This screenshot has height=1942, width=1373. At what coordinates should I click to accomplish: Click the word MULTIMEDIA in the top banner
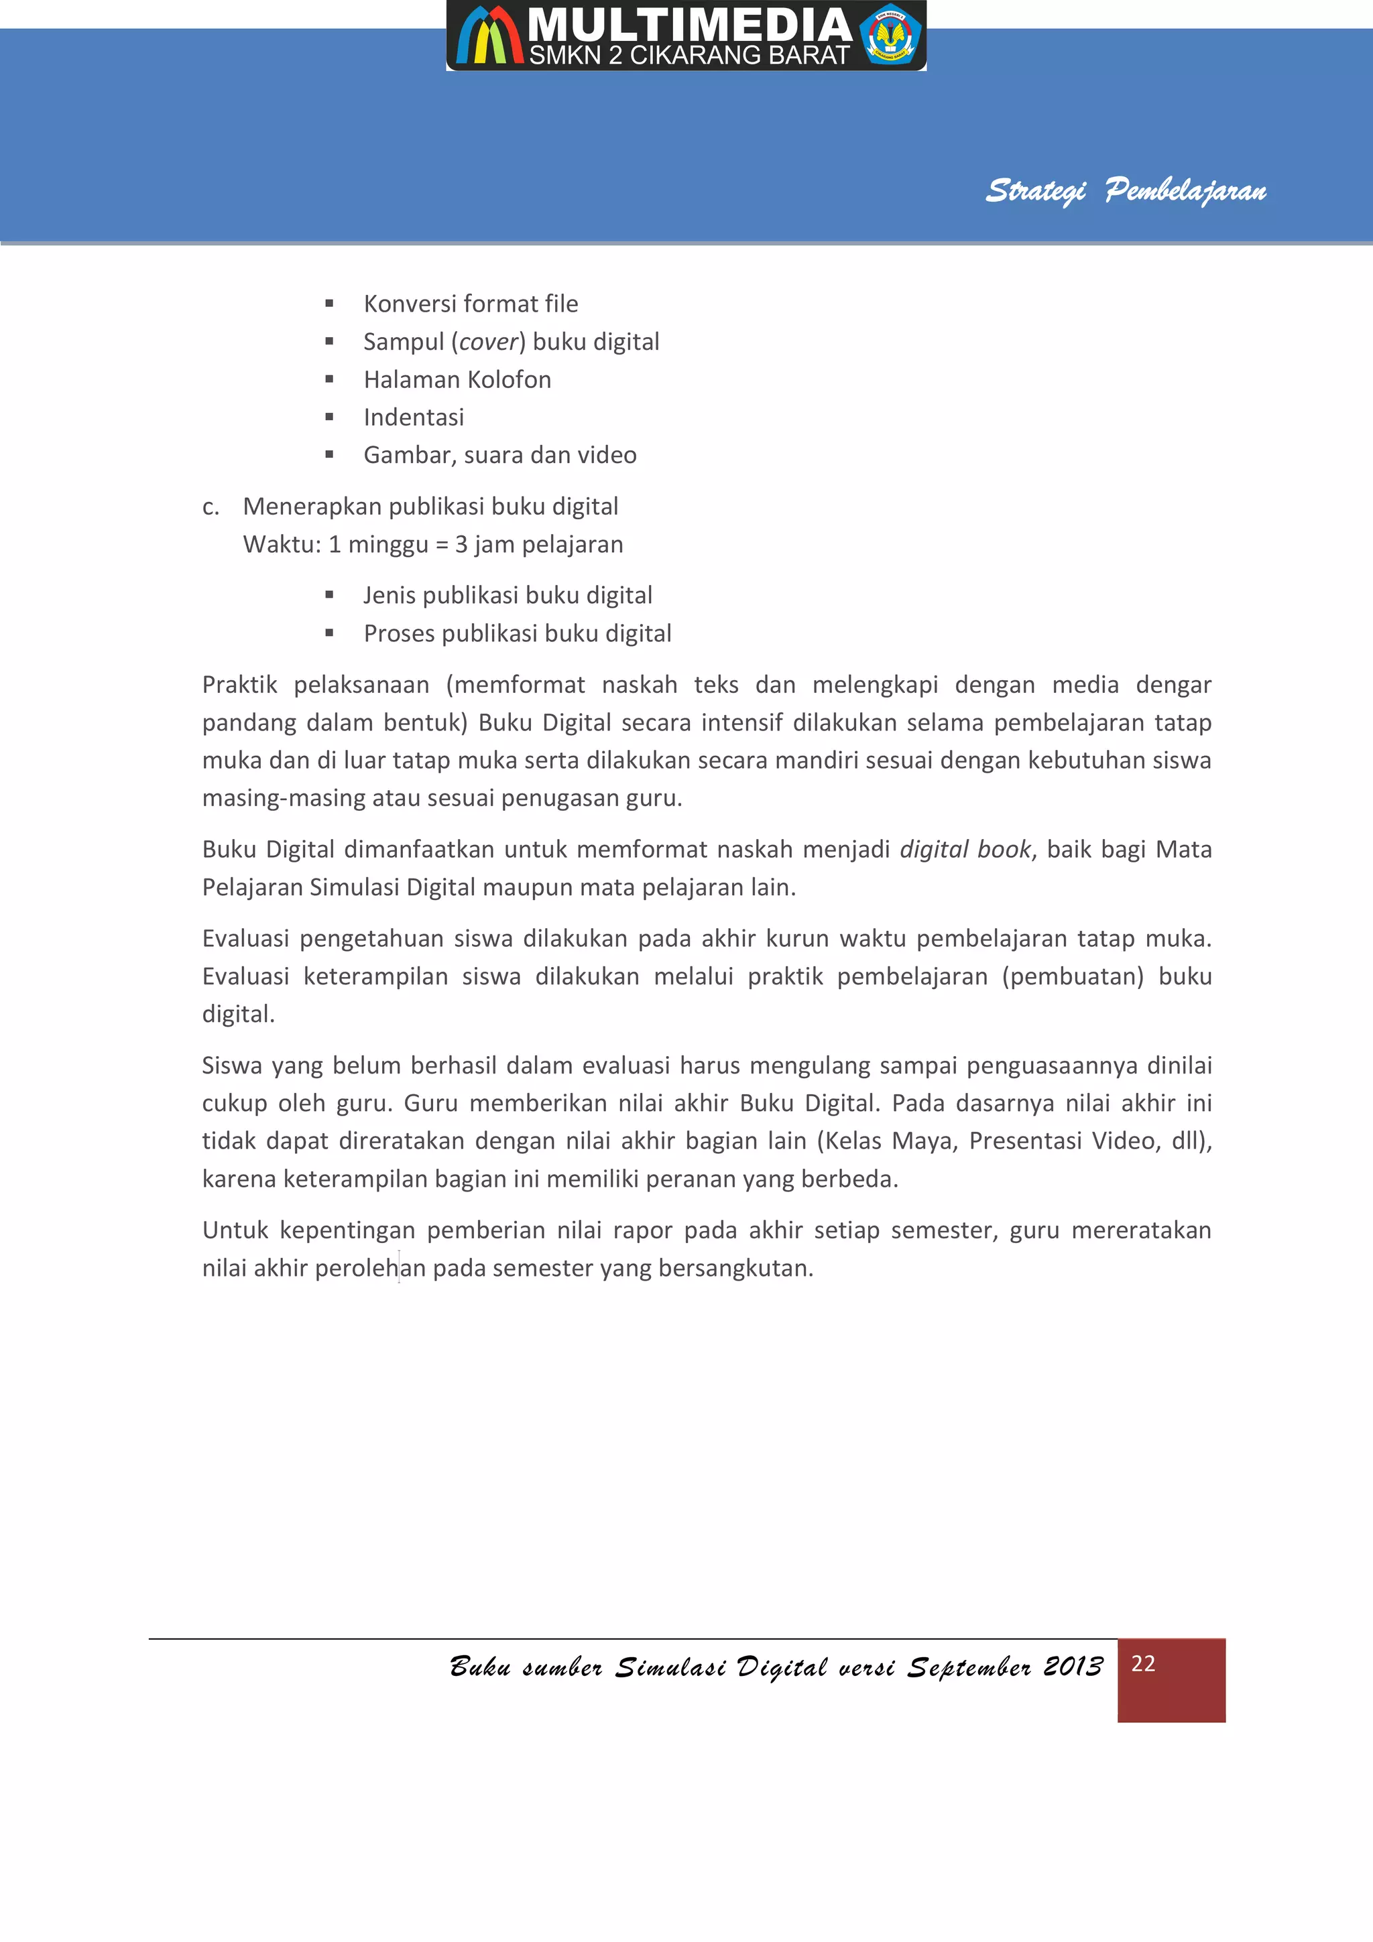689,25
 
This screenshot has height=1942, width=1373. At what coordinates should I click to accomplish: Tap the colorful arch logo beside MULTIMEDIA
489,36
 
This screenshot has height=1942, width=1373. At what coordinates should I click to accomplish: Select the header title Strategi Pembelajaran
1125,191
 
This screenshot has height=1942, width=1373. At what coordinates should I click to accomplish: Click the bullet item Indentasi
414,417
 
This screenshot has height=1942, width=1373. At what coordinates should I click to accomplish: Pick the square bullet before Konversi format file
329,304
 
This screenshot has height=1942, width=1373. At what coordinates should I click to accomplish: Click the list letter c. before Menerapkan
211,507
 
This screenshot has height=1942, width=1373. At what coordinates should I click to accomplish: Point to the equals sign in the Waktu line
442,545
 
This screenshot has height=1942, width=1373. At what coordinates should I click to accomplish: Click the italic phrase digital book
965,849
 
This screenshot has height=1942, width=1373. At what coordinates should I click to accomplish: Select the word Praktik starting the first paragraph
239,684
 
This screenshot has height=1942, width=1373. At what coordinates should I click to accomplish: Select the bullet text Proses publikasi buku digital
517,633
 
